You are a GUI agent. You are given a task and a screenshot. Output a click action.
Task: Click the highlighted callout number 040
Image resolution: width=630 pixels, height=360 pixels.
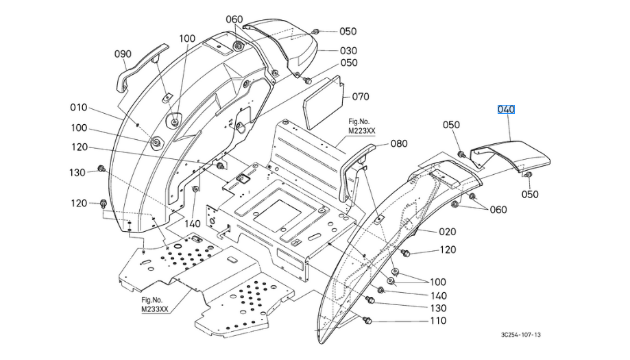coord(506,110)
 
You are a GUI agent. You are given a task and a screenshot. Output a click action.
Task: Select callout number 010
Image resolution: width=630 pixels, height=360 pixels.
coord(79,107)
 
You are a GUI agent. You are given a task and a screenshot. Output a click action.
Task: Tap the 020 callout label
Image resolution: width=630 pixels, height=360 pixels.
coord(447,232)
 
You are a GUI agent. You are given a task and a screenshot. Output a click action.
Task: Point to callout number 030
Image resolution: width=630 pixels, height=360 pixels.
coord(348,50)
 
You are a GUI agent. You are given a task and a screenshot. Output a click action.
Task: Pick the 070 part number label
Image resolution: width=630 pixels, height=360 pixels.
coord(361,97)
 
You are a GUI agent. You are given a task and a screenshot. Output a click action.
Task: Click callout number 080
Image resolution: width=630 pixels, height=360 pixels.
coord(399,144)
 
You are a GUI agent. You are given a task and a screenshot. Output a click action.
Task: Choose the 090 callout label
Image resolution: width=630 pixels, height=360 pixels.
coord(123,54)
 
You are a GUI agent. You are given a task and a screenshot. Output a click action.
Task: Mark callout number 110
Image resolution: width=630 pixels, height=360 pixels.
coord(437,321)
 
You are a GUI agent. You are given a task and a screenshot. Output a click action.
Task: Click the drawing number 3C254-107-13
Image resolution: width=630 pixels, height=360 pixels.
coord(520,335)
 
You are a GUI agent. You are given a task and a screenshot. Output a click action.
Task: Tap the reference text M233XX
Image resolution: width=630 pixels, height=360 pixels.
coord(154,309)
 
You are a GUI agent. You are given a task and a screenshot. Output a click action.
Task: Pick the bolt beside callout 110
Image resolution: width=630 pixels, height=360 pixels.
coord(365,320)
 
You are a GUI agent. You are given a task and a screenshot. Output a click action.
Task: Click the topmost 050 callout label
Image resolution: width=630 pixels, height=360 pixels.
coord(348,32)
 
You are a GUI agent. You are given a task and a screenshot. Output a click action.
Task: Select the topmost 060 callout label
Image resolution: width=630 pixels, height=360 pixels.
coord(234,19)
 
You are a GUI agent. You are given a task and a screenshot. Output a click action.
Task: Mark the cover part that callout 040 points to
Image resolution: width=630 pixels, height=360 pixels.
coord(518,154)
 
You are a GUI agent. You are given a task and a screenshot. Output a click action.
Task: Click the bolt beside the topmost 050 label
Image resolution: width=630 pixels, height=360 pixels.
coord(317,31)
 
